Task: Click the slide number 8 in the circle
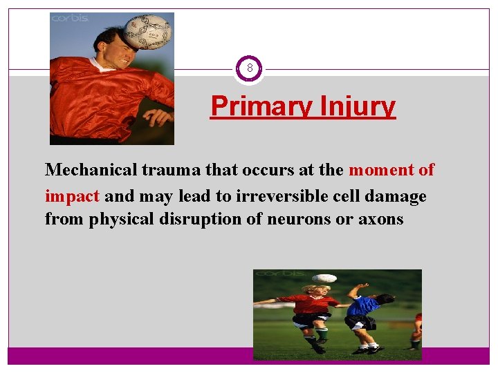click(x=249, y=69)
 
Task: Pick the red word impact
click(x=73, y=196)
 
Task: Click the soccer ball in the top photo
click(x=147, y=31)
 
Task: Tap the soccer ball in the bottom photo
click(x=324, y=279)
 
